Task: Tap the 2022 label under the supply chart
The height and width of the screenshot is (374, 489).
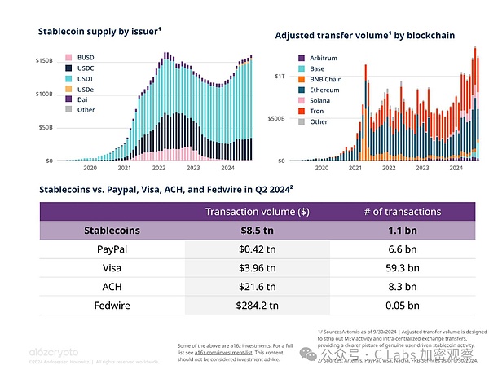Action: tap(159, 169)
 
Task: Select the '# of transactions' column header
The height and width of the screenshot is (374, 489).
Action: tap(403, 212)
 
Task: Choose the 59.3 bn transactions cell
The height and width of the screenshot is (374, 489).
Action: tap(403, 268)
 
